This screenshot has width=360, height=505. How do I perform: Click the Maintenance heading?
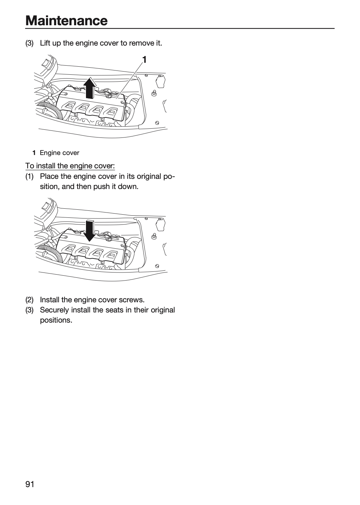pos(67,21)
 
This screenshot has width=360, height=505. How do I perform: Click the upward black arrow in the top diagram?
pos(90,88)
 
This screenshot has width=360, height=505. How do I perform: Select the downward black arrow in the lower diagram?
pos(90,230)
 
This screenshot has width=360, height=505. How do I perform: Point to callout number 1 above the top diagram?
pos(144,60)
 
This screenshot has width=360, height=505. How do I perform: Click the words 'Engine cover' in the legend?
pos(60,153)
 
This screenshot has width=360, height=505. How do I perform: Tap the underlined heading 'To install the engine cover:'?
pos(70,166)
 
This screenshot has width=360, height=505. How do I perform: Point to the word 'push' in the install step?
pos(102,187)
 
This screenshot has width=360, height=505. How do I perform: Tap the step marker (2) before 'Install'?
pos(29,300)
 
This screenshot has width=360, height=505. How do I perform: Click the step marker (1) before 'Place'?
pos(29,176)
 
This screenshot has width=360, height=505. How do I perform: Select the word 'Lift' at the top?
pos(45,43)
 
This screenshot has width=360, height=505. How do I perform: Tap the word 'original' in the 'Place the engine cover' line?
pos(149,176)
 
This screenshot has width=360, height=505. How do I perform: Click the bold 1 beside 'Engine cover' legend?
pos(34,153)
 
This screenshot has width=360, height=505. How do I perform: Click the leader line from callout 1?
pos(129,81)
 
